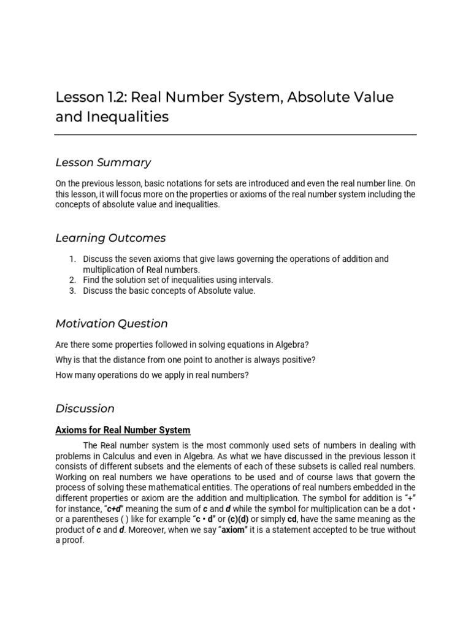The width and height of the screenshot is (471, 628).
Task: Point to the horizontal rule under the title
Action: pos(235,135)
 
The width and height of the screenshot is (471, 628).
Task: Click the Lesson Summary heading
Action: pos(103,163)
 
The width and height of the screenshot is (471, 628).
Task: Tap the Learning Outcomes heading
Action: pos(110,238)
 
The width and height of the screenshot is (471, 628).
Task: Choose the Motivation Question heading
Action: pos(111,323)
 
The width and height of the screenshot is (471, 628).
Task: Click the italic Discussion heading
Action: pos(85,408)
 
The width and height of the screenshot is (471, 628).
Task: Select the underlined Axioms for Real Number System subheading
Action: pos(123,430)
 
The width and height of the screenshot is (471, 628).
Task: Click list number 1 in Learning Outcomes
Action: pos(72,259)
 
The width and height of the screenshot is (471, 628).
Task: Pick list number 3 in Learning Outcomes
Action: pos(72,291)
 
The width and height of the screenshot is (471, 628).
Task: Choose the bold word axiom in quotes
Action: pos(233,529)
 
